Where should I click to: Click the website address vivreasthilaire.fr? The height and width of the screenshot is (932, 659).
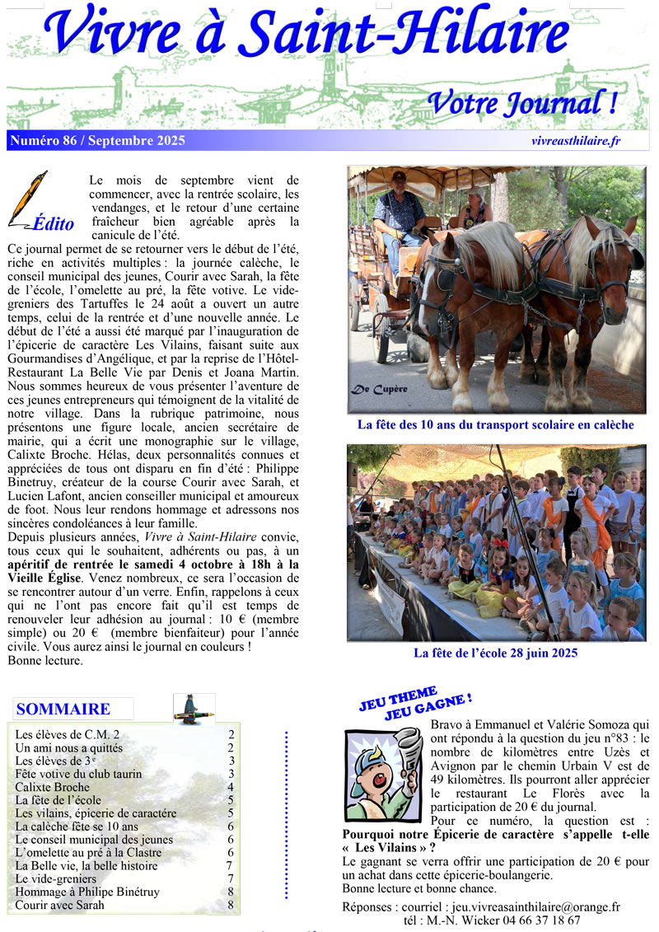click(576, 141)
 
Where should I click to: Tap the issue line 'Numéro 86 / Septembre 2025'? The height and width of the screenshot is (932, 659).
click(97, 141)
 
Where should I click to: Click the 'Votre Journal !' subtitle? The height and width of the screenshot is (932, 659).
click(522, 104)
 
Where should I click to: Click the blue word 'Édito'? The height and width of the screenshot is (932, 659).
click(54, 223)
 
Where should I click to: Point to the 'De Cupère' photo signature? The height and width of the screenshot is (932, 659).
click(379, 389)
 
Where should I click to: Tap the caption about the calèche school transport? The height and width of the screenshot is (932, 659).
click(495, 425)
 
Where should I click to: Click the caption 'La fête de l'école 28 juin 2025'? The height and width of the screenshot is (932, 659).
click(495, 653)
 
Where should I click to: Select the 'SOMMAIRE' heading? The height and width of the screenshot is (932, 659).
click(63, 710)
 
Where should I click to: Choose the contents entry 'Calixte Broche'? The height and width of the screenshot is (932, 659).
click(52, 787)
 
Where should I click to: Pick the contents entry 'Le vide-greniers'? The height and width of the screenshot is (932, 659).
click(56, 878)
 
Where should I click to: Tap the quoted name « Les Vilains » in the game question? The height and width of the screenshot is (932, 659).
click(386, 847)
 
